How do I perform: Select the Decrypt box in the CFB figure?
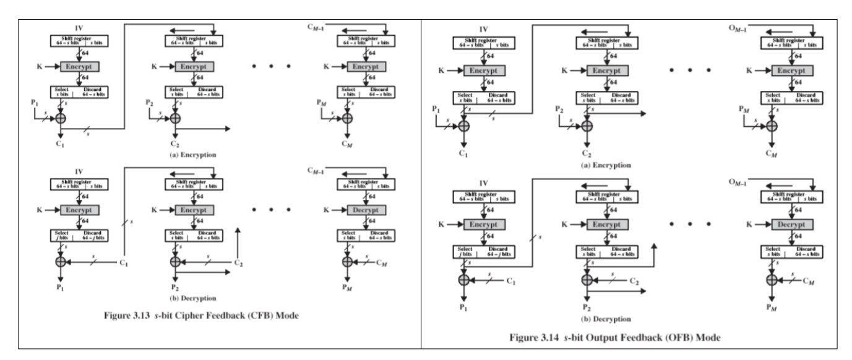(x=364, y=209)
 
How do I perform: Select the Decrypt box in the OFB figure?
(x=793, y=221)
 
